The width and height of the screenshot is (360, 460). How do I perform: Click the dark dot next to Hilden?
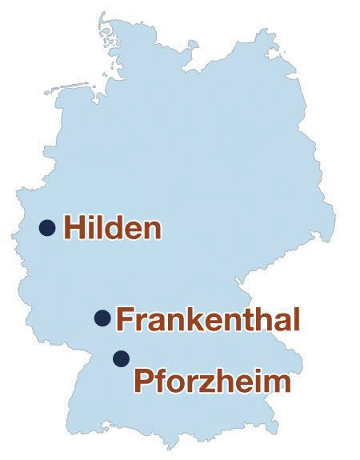(x=47, y=228)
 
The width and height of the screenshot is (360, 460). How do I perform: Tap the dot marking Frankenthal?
(x=102, y=318)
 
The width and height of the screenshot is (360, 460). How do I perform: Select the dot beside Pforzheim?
(x=121, y=358)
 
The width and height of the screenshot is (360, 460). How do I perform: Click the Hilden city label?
(x=113, y=228)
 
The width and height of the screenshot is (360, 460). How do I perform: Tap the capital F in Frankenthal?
(x=125, y=319)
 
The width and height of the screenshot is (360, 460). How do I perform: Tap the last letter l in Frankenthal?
(x=295, y=319)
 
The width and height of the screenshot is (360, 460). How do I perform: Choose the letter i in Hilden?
(x=90, y=227)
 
